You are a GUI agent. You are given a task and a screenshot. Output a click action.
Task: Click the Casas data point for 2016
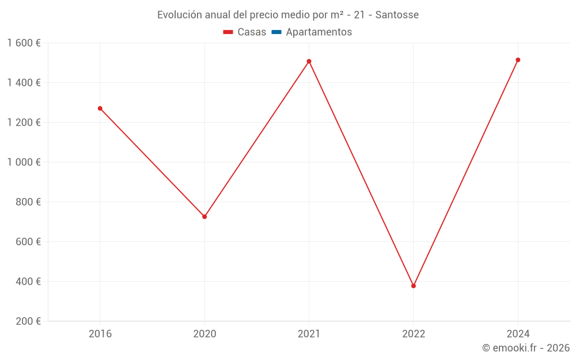click(x=100, y=108)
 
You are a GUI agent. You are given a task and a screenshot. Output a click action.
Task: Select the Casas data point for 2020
click(x=204, y=217)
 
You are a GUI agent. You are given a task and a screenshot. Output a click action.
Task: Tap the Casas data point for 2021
click(x=309, y=61)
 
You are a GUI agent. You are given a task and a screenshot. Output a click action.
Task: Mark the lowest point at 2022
click(x=414, y=286)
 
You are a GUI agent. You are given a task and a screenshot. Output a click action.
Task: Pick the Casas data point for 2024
click(x=518, y=60)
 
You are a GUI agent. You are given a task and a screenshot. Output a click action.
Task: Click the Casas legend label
click(x=252, y=32)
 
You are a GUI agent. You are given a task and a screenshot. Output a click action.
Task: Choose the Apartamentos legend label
click(x=319, y=32)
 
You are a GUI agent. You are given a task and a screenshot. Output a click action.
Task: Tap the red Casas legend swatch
click(x=228, y=32)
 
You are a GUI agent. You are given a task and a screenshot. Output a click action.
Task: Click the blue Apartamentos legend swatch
click(x=276, y=32)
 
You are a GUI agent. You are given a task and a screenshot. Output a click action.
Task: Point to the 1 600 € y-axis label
click(x=24, y=43)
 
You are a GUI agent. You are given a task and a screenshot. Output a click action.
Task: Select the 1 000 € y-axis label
click(x=24, y=162)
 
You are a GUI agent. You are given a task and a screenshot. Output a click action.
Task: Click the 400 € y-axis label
click(x=28, y=282)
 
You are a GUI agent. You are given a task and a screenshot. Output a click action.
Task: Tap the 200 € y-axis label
click(x=28, y=321)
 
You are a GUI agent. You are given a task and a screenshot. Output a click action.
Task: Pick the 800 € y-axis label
click(x=28, y=202)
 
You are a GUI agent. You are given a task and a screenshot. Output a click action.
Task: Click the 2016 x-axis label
click(x=100, y=334)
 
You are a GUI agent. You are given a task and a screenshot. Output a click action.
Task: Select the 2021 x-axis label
click(x=309, y=334)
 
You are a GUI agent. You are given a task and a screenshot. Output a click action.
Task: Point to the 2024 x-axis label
click(x=518, y=334)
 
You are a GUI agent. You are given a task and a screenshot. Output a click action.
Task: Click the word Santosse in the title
click(x=397, y=15)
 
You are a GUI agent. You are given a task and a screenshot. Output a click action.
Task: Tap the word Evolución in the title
click(x=179, y=15)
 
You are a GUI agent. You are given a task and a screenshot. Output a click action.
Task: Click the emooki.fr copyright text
click(x=526, y=348)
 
